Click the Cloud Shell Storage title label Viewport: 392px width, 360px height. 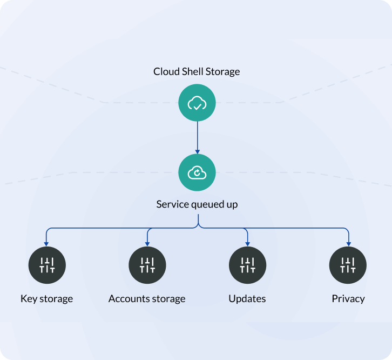point(197,71)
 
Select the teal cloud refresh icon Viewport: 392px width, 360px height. point(197,172)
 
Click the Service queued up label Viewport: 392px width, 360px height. point(197,204)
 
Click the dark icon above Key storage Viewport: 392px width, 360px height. point(47,265)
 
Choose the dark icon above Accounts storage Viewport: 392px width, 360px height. point(147,265)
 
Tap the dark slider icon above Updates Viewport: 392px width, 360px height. point(247,265)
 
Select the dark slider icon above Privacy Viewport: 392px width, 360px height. point(348,265)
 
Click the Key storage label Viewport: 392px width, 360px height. point(46,298)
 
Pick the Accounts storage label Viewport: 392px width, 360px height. point(147,298)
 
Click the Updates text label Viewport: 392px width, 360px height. point(247,298)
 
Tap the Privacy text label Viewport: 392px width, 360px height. point(348,298)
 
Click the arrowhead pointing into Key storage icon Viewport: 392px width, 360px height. point(47,244)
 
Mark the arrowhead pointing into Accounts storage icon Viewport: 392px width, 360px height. point(147,244)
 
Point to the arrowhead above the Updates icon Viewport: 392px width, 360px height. point(247,244)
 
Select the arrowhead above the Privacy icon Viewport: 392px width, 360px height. point(348,244)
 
